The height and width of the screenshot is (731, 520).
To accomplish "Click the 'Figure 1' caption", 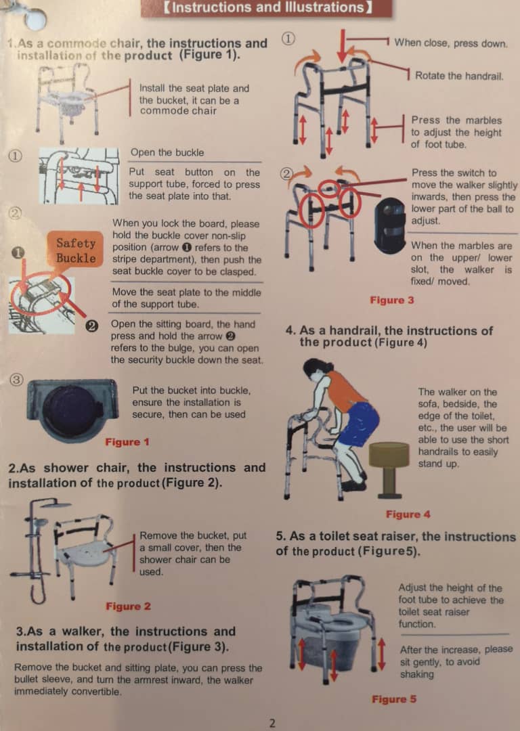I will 127,442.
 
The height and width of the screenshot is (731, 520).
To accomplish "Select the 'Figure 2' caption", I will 128,606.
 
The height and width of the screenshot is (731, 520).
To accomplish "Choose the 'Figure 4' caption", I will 408,514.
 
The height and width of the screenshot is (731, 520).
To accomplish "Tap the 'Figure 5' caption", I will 394,699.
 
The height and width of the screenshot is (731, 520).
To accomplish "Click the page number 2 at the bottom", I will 272,722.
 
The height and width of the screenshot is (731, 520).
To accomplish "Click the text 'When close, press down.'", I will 450,43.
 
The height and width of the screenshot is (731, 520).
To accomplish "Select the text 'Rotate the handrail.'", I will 458,75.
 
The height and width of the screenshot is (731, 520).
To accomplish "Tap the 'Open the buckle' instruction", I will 167,152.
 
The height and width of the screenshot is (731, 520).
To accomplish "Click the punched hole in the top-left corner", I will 35,18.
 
